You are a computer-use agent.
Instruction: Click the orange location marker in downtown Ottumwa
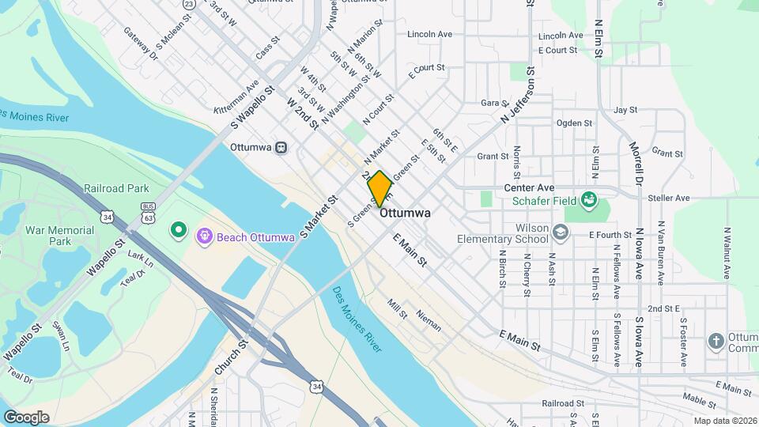click(x=379, y=188)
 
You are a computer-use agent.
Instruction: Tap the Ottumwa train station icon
click(x=281, y=147)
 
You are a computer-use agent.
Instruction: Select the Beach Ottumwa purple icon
click(x=205, y=236)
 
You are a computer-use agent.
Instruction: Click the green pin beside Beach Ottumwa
click(x=179, y=231)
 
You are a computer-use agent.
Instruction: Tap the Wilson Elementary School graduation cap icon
click(x=561, y=232)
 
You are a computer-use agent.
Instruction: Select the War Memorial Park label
click(x=60, y=235)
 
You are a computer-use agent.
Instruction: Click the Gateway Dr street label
click(x=141, y=43)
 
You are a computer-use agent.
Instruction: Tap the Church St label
click(x=231, y=357)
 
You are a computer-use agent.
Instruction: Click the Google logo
click(x=27, y=417)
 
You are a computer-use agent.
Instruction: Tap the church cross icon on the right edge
click(x=716, y=342)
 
